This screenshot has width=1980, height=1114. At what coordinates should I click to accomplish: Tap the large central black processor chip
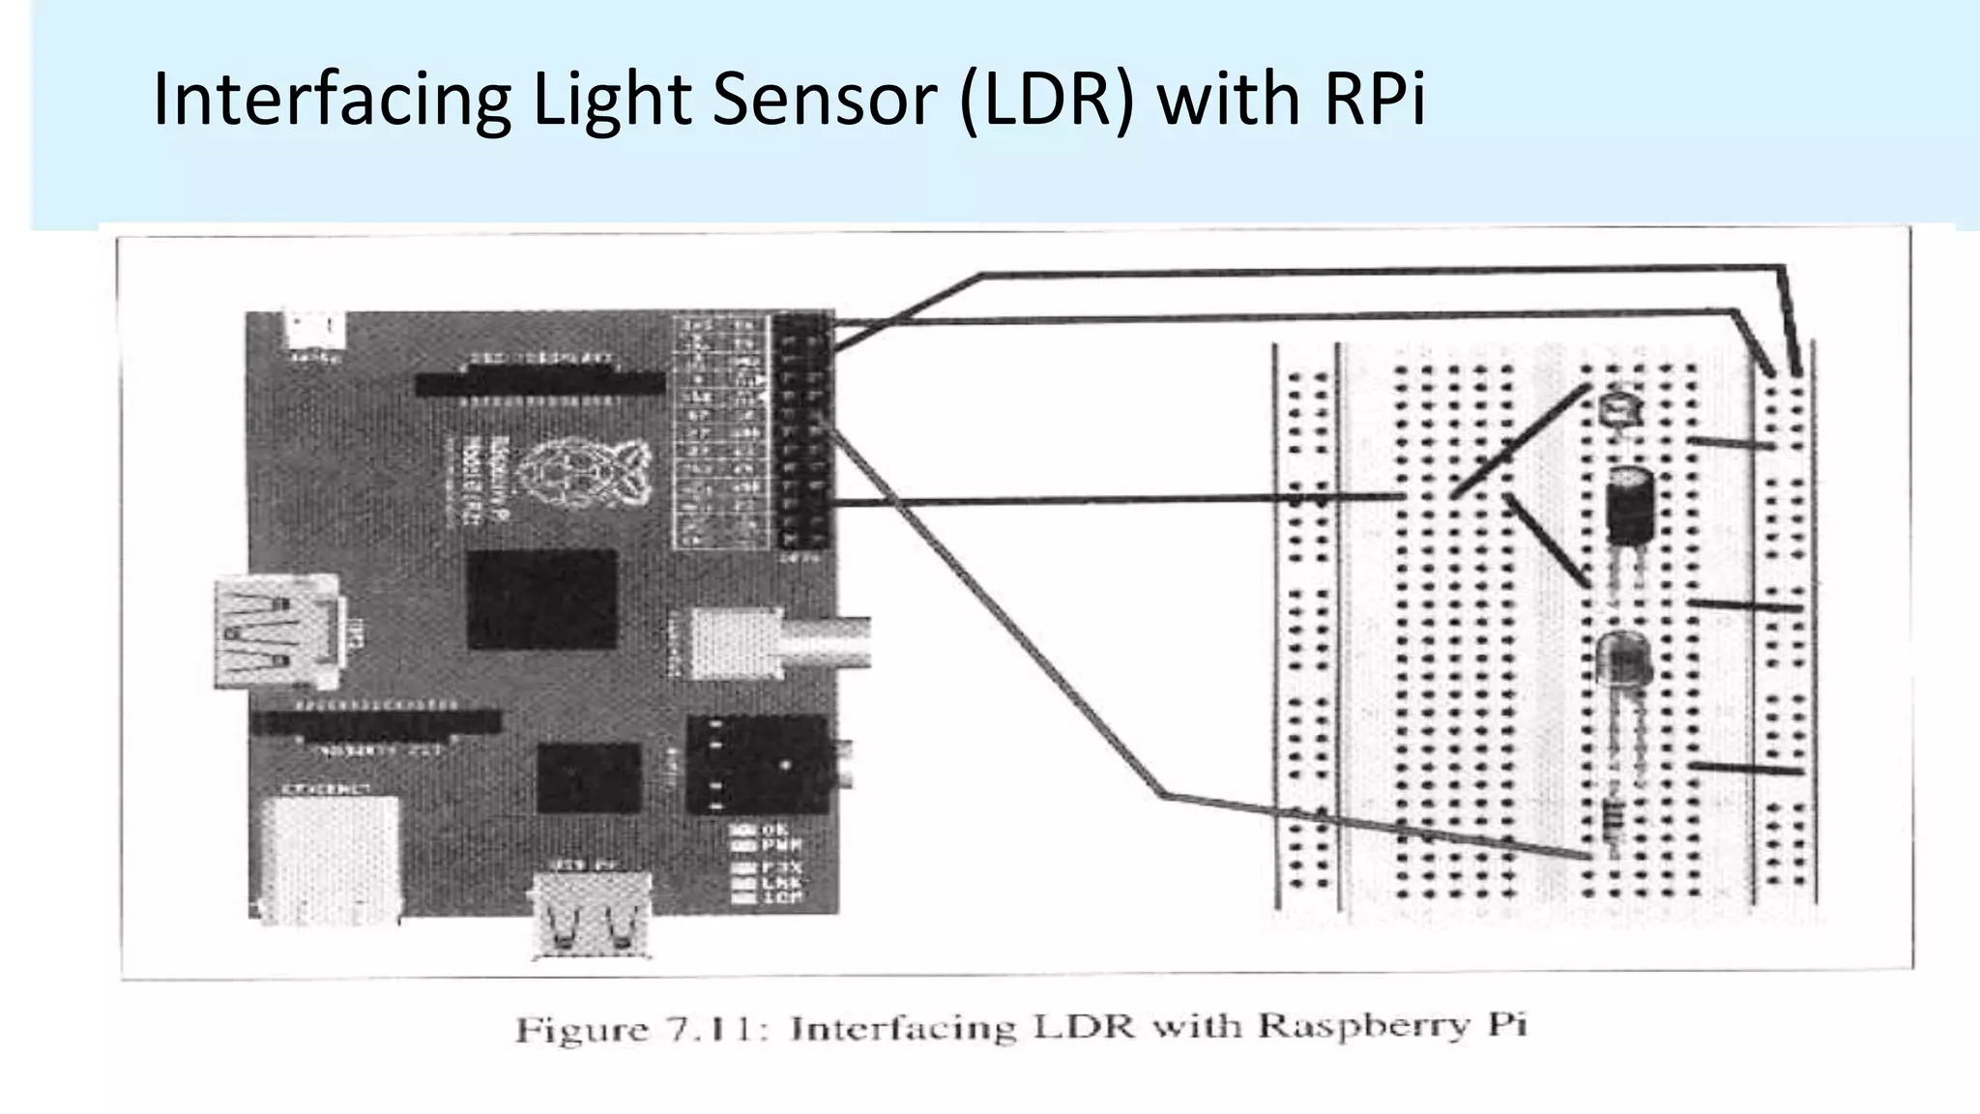click(x=541, y=599)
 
